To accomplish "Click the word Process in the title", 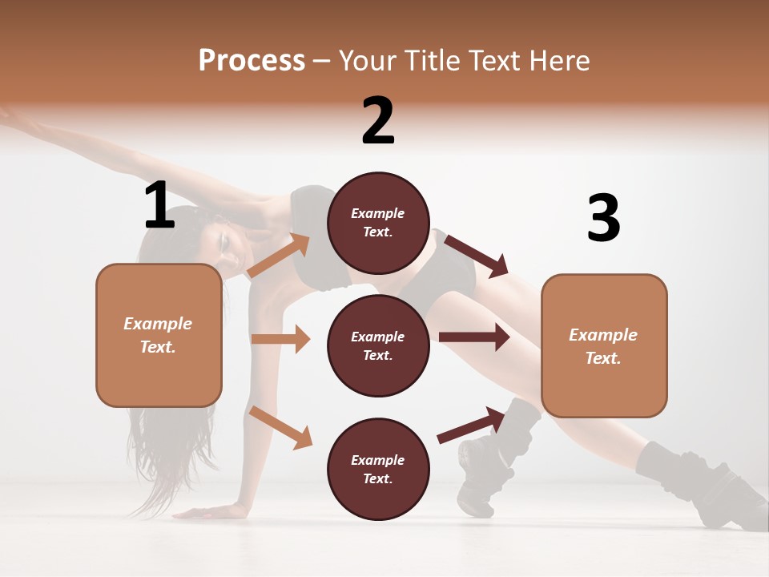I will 252,61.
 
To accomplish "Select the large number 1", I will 159,205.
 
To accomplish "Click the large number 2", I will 378,121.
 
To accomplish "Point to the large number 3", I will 603,218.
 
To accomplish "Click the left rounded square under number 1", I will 159,335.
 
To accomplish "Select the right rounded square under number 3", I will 604,345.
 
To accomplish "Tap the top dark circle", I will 378,223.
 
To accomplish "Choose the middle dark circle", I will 378,345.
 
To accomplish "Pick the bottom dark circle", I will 378,469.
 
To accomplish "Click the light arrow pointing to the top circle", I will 280,256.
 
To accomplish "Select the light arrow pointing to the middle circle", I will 281,339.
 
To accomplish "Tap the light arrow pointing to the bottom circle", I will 281,427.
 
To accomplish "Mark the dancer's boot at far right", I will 705,489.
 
